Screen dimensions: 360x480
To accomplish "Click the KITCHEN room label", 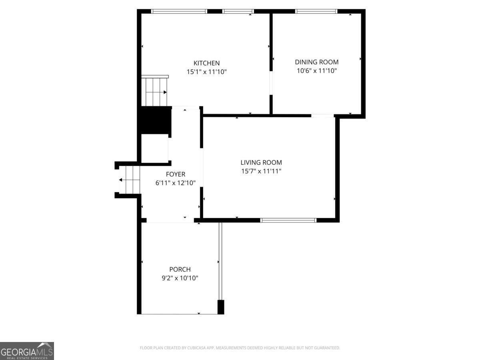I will (206, 63).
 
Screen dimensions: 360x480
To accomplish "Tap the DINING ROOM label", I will (316, 62).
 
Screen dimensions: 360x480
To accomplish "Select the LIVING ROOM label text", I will (261, 162).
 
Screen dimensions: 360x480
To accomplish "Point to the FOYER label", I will (176, 174).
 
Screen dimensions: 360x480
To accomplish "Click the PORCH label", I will (180, 270).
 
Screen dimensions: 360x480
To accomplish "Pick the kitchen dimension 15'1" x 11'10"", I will (206, 72).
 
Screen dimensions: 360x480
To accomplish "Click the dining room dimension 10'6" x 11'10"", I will (316, 71).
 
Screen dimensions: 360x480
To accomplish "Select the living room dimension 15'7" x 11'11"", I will (261, 171).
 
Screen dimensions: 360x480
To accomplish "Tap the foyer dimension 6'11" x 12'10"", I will (176, 183).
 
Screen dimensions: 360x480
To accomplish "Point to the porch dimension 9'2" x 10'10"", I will (180, 278).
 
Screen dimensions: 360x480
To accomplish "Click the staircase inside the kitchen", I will (154, 91).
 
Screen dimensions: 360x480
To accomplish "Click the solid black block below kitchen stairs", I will (156, 120).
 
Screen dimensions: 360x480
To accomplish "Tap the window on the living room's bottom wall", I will (288, 220).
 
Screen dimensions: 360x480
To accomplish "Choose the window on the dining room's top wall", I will (316, 11).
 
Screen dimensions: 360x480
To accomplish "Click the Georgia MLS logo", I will (27, 351).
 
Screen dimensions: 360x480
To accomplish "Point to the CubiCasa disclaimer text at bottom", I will (240, 348).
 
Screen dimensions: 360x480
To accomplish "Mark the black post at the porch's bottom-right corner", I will (220, 307).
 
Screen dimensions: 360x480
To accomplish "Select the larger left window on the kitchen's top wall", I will (179, 11).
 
